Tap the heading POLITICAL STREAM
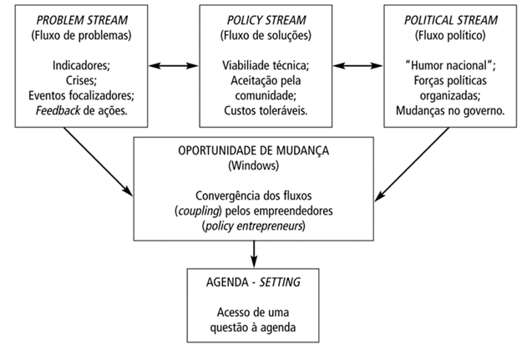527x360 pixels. tap(452, 20)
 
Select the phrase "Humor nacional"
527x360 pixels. tap(452, 65)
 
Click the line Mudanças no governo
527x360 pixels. tap(452, 111)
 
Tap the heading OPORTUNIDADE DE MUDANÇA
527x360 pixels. tap(253, 152)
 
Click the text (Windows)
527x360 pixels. tap(253, 167)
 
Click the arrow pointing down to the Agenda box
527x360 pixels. tap(253, 252)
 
